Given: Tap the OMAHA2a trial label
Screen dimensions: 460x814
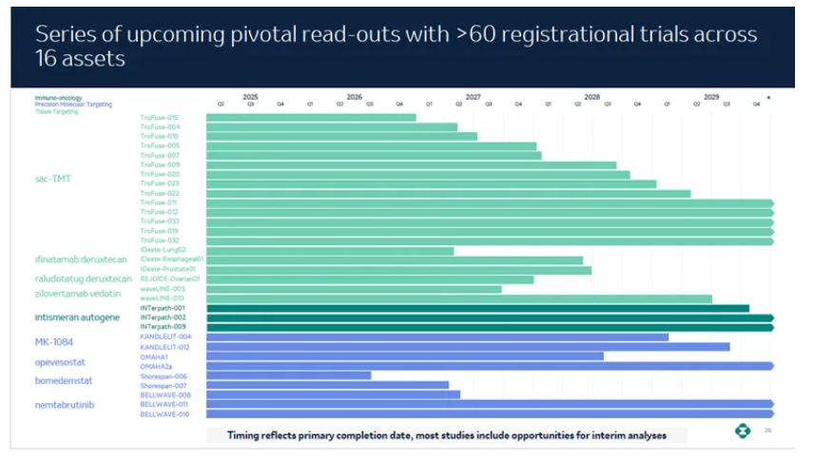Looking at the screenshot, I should tap(157, 366).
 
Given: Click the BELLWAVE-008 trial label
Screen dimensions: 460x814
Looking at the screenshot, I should tap(165, 394).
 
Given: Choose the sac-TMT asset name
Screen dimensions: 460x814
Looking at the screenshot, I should tap(53, 179).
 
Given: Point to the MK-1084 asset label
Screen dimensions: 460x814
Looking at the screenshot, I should tap(54, 342).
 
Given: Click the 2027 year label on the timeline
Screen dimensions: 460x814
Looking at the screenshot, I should tap(473, 96).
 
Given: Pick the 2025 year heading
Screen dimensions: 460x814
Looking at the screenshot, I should tap(250, 96).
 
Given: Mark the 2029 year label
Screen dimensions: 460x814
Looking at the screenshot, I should tap(711, 96).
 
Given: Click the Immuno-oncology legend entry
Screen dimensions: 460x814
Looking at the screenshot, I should tap(54, 98).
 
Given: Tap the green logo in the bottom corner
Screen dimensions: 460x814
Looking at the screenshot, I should tap(742, 431).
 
